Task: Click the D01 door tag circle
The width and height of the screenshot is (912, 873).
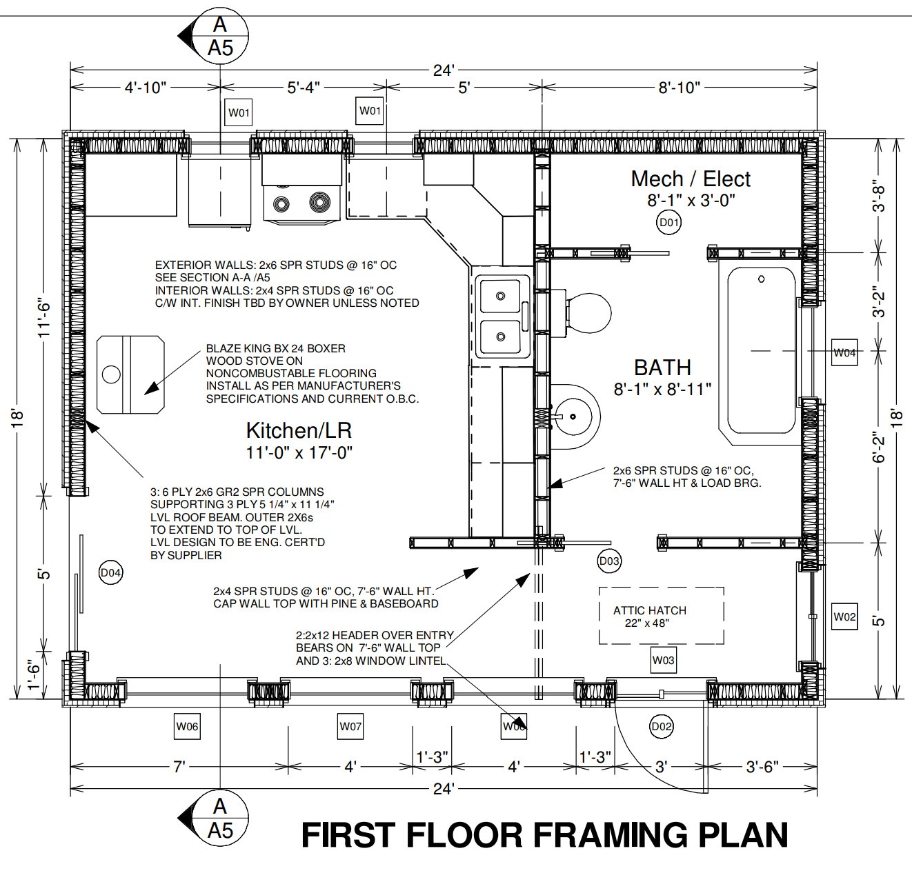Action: (668, 223)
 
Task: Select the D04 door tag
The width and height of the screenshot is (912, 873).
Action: (111, 572)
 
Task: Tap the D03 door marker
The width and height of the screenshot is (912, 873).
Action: (609, 561)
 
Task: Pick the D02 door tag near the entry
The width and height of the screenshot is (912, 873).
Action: (662, 726)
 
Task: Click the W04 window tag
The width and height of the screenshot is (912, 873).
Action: (844, 352)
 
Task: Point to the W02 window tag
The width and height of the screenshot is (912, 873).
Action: (844, 616)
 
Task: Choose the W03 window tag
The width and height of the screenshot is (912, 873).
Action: (663, 661)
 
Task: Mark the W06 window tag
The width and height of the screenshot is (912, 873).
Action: (187, 726)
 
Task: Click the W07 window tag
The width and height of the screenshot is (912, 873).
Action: (350, 726)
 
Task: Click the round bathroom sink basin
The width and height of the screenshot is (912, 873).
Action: (574, 416)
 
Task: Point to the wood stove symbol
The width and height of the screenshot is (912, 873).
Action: (131, 374)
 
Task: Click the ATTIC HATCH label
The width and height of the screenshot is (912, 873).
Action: (650, 610)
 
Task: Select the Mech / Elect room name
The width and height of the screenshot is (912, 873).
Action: (691, 179)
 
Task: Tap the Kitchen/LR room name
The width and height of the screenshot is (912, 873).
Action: (299, 430)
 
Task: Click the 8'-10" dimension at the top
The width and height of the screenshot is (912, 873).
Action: (679, 87)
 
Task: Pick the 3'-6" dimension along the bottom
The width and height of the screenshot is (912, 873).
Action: (762, 767)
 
